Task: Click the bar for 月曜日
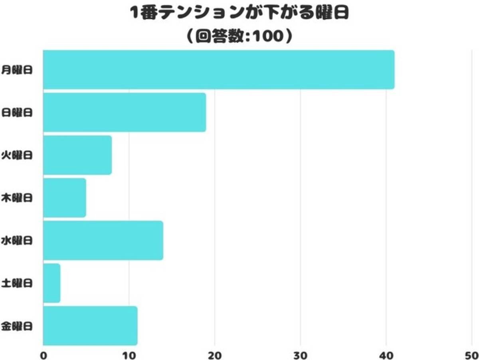coord(219,70)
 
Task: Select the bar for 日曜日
coord(125,112)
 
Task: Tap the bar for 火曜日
coord(77,155)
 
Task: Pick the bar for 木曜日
coord(65,198)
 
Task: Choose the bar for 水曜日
coord(103,241)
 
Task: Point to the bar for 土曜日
coord(52,283)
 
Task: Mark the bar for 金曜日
coord(90,326)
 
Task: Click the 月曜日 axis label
coord(17,70)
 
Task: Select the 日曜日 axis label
coord(17,113)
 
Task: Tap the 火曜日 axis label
coord(17,155)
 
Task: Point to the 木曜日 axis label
coord(17,198)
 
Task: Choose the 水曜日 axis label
coord(17,241)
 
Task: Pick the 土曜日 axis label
coord(17,284)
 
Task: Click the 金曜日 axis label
coord(17,326)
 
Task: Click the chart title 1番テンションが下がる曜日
coord(239,14)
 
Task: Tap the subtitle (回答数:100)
coord(239,36)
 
